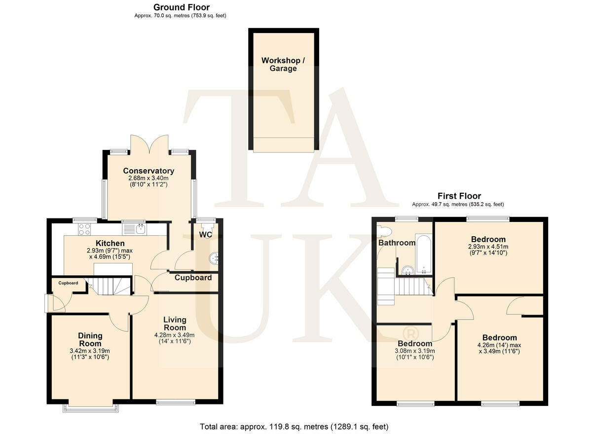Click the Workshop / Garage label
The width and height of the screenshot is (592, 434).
283,65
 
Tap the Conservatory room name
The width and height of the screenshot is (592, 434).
148,171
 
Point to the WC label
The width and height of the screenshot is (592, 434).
206,234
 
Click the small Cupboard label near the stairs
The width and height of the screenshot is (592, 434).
68,283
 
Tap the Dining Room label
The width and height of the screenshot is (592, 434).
90,340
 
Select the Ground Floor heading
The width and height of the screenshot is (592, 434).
181,7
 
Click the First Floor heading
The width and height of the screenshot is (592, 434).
459,196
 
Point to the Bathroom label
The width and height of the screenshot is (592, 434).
397,243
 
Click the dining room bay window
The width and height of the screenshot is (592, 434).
90,407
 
